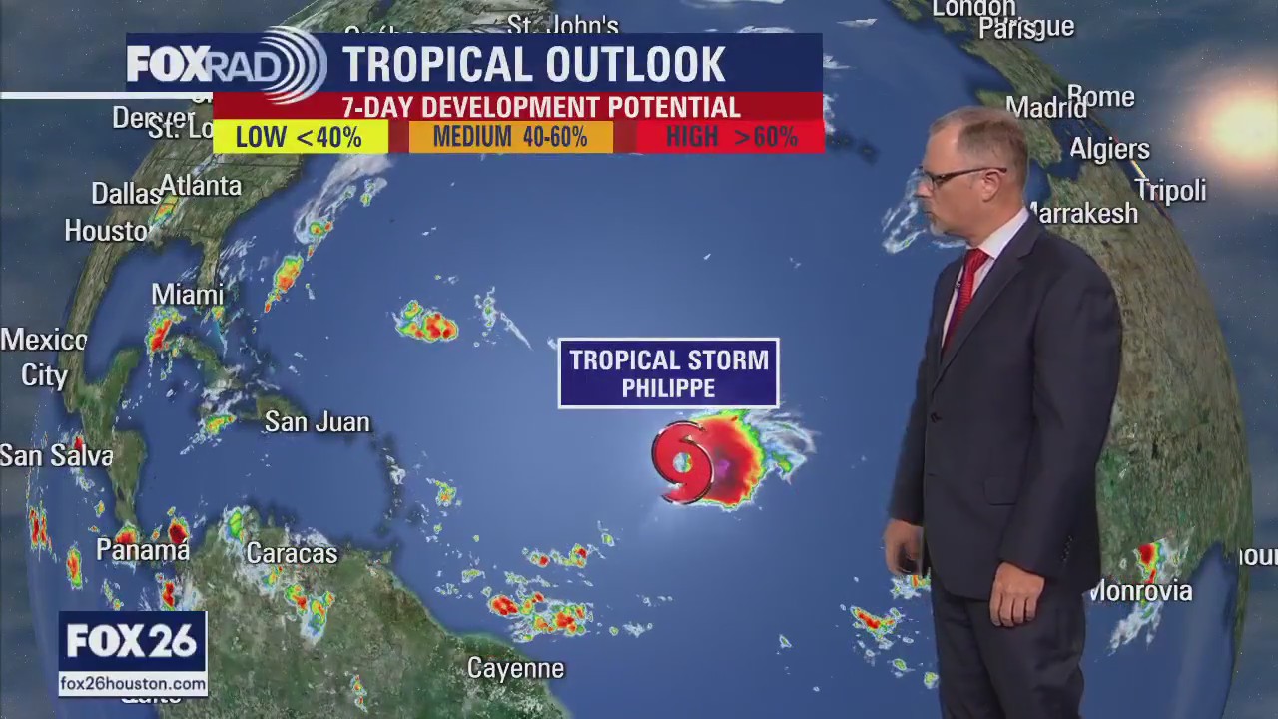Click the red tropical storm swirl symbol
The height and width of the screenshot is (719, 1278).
(x=684, y=462)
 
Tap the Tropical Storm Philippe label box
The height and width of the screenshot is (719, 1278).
(x=668, y=373)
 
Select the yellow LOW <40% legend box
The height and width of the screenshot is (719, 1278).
(x=300, y=137)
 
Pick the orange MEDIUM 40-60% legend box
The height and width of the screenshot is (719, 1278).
(x=510, y=137)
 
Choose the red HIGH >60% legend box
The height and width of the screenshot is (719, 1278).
(x=731, y=137)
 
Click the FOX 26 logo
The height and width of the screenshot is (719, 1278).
(x=132, y=642)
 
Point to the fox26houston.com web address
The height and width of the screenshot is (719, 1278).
(x=133, y=684)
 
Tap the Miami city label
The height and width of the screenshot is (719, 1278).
(x=188, y=295)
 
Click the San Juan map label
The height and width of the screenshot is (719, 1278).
(x=317, y=422)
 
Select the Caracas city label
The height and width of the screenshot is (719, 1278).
(x=292, y=553)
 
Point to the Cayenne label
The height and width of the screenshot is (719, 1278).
(x=515, y=668)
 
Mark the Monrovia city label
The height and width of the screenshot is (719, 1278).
(x=1141, y=591)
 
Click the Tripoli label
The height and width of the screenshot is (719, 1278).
(x=1170, y=190)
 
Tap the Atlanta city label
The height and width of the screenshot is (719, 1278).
(x=201, y=186)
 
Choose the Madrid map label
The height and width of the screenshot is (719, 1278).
(x=1045, y=107)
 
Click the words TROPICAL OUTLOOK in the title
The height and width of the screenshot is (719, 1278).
(x=534, y=65)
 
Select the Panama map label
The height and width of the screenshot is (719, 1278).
(x=142, y=549)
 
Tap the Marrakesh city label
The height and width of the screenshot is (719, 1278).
(x=1084, y=213)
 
